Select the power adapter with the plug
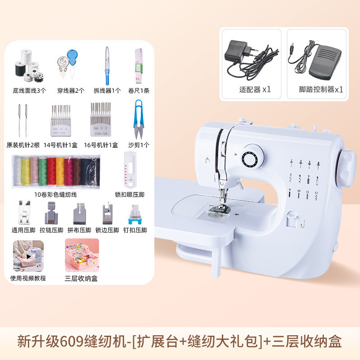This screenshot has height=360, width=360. (x=243, y=56)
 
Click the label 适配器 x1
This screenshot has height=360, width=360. (x=255, y=89)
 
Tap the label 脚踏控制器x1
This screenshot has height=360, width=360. (x=321, y=89)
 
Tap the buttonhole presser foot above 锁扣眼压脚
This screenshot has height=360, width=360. (x=130, y=170)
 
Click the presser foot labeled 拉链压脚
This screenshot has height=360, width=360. (x=50, y=213)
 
